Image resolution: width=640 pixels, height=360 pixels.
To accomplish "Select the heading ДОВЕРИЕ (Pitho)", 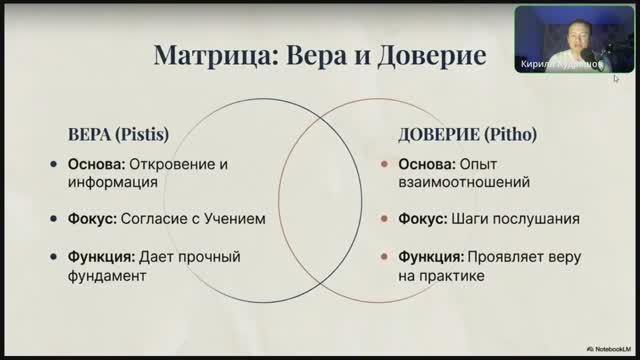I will (451, 134).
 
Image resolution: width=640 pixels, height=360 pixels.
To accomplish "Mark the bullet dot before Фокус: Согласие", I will (53, 218).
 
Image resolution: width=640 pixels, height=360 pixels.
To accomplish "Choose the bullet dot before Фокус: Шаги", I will (384, 218).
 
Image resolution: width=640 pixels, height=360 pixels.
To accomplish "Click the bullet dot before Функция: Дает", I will (53, 256).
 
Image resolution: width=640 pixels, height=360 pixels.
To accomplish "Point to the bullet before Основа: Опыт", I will (384, 164).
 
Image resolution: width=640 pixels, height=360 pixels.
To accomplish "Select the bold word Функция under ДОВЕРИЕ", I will (431, 256).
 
